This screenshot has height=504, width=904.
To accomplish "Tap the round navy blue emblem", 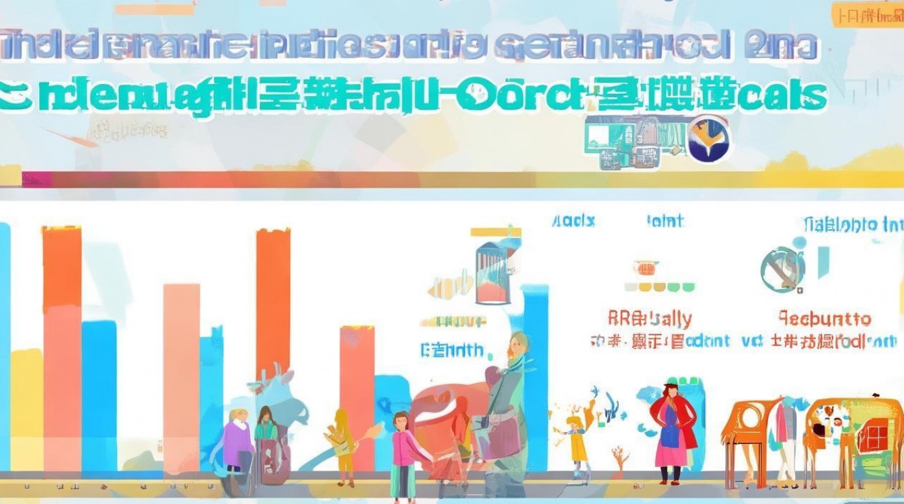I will [710, 138].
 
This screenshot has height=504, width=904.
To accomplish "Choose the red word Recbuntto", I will [825, 319].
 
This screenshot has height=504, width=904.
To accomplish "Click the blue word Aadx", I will [573, 221].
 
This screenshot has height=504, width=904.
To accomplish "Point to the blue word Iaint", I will [665, 221].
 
